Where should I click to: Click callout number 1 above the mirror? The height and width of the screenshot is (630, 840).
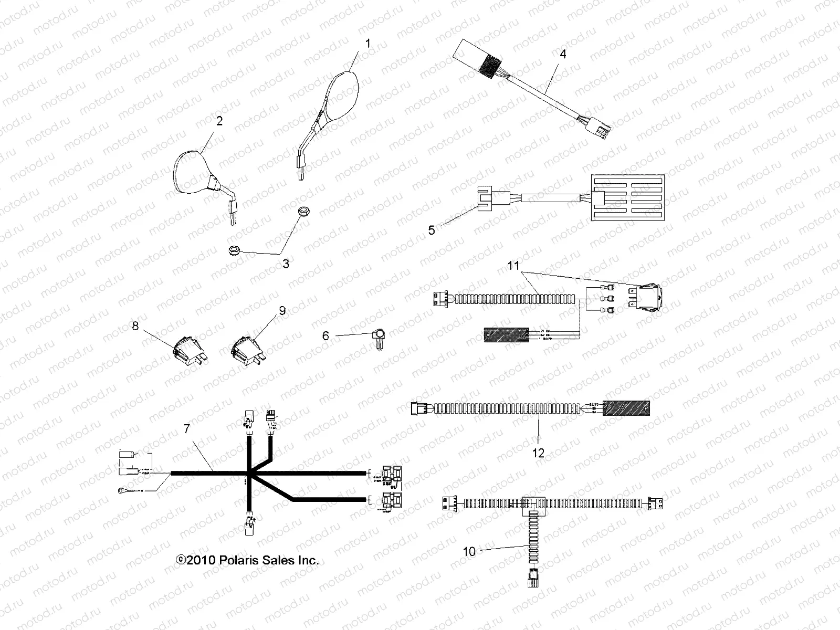[367, 44]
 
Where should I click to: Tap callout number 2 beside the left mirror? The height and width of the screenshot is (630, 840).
[219, 121]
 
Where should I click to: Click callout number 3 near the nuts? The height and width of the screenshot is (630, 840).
[286, 264]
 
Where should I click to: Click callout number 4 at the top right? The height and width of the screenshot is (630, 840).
[563, 54]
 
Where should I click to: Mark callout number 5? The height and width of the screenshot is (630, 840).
[432, 230]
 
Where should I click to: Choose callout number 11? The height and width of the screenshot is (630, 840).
[513, 266]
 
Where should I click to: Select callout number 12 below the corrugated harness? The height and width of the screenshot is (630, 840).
[539, 453]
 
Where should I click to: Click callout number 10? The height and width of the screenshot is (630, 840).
[469, 551]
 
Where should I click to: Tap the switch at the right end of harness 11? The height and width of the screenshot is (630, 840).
[650, 298]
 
